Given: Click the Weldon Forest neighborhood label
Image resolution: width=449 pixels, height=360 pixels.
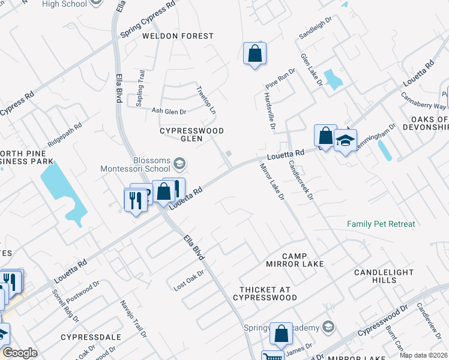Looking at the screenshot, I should click(x=178, y=36).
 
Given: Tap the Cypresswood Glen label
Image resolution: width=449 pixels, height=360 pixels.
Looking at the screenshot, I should click(x=191, y=134).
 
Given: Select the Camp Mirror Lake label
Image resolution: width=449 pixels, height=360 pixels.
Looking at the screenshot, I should click(x=294, y=259).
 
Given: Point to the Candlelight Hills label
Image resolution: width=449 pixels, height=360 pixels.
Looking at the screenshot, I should click(x=384, y=276).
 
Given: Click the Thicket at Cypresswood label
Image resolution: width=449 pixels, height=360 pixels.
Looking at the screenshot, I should click(x=268, y=293).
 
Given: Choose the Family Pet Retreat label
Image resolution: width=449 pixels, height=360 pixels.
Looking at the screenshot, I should click(x=381, y=224).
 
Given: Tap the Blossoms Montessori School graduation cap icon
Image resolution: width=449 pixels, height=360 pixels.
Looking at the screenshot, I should click(x=179, y=164).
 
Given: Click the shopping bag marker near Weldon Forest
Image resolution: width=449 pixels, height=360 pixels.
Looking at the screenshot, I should click(x=255, y=53).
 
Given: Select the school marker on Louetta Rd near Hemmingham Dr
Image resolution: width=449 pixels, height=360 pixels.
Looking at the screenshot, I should click(x=345, y=142).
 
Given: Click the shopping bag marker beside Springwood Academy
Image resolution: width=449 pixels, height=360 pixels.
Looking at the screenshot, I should click(x=281, y=333).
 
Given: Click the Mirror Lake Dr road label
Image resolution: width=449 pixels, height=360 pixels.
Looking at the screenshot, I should click(x=272, y=181).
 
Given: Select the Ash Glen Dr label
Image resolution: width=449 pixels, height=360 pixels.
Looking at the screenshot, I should click(x=169, y=111).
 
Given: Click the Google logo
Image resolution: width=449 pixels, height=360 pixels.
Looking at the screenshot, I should click(x=20, y=353).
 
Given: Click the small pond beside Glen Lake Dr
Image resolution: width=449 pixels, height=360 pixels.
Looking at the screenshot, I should click(x=331, y=79).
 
